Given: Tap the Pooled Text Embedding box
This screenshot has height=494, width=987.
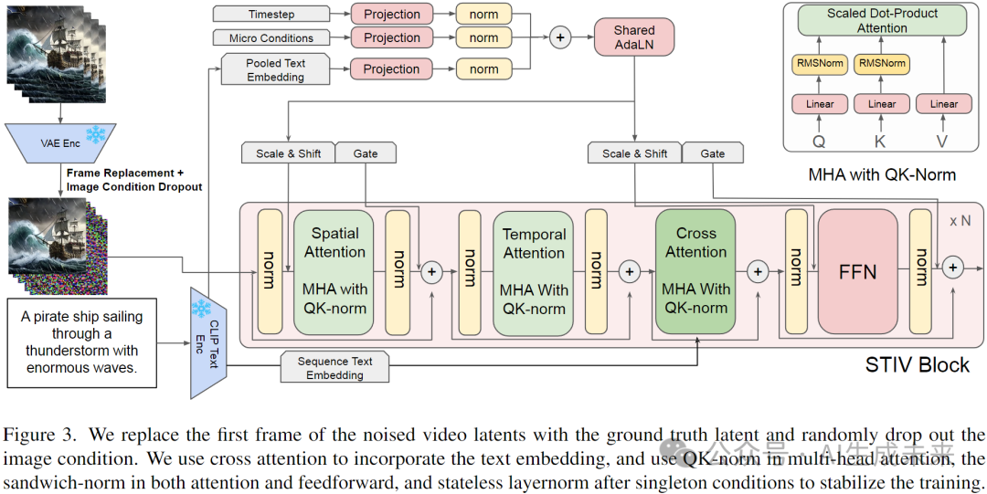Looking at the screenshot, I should [x=275, y=69].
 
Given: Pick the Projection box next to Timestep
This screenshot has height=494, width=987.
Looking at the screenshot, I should [x=391, y=15].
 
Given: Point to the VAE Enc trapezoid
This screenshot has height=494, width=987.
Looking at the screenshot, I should [x=61, y=142].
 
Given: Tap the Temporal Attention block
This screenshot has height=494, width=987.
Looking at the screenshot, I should [x=534, y=273].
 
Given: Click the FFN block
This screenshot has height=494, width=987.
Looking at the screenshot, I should [x=857, y=271].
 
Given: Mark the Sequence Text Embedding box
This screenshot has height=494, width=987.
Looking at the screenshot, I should [x=335, y=368].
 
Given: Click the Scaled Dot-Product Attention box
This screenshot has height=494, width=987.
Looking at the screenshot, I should [x=882, y=21].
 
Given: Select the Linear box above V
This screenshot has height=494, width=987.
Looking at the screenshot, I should [x=944, y=104].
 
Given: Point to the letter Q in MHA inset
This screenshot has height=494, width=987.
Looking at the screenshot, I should [x=819, y=142].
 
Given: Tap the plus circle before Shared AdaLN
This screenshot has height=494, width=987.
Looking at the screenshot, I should [x=559, y=37].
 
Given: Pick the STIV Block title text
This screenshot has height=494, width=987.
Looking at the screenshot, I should [x=917, y=365].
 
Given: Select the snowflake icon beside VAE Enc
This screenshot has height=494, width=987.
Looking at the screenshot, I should [x=93, y=134].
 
